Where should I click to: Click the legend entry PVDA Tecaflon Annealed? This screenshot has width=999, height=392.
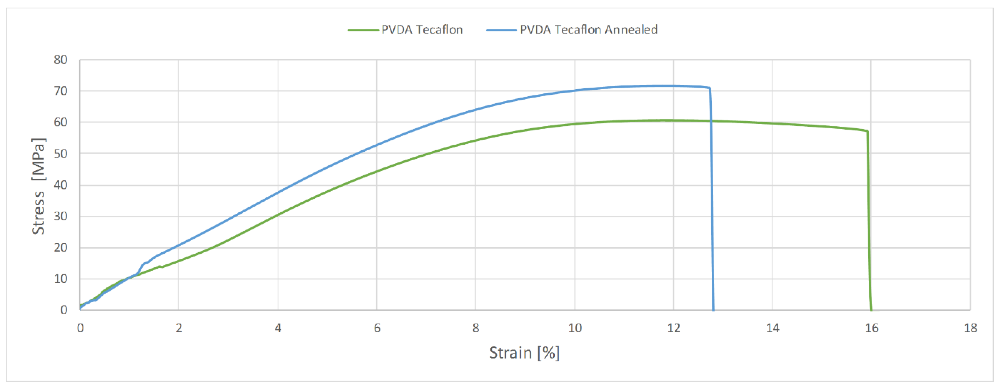(x=588, y=30)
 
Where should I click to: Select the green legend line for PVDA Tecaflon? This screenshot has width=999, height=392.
(x=363, y=30)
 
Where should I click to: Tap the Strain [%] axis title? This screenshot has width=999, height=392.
(x=524, y=353)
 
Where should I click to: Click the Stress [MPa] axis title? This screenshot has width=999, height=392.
(x=38, y=186)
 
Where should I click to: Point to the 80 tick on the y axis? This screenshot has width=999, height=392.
(x=60, y=60)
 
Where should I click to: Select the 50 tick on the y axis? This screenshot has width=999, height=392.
(x=60, y=154)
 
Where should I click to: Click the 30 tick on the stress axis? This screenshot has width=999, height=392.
(x=60, y=216)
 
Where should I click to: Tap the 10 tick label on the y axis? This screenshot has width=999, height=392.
(x=60, y=279)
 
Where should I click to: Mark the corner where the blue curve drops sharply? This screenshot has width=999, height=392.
(x=709, y=88)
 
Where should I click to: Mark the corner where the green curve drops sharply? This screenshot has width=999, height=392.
(x=867, y=131)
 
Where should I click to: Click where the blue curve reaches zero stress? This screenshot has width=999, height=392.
(x=713, y=310)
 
